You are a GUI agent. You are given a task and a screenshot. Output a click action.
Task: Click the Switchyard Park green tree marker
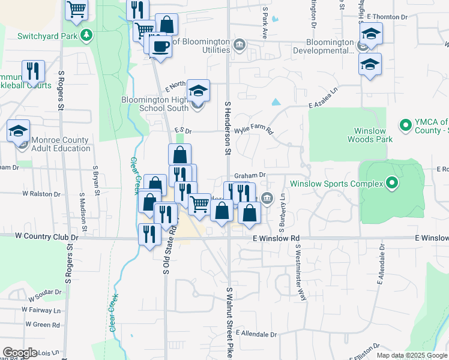[87, 35]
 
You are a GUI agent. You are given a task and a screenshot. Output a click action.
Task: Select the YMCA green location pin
[405, 125]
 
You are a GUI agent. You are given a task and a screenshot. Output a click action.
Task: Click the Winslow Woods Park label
[370, 135]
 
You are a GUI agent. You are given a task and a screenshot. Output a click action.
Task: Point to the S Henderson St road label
[228, 128]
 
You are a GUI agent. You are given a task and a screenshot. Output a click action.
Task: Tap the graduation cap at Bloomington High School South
[198, 91]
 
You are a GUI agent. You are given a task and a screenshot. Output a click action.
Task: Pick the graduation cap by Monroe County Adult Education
[19, 130]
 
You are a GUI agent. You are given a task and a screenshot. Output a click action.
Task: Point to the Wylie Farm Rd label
[253, 130]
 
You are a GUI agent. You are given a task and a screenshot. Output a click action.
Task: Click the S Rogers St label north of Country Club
[61, 90]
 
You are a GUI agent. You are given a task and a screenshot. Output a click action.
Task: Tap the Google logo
[20, 353]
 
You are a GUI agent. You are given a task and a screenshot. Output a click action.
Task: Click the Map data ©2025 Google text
[411, 355]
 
